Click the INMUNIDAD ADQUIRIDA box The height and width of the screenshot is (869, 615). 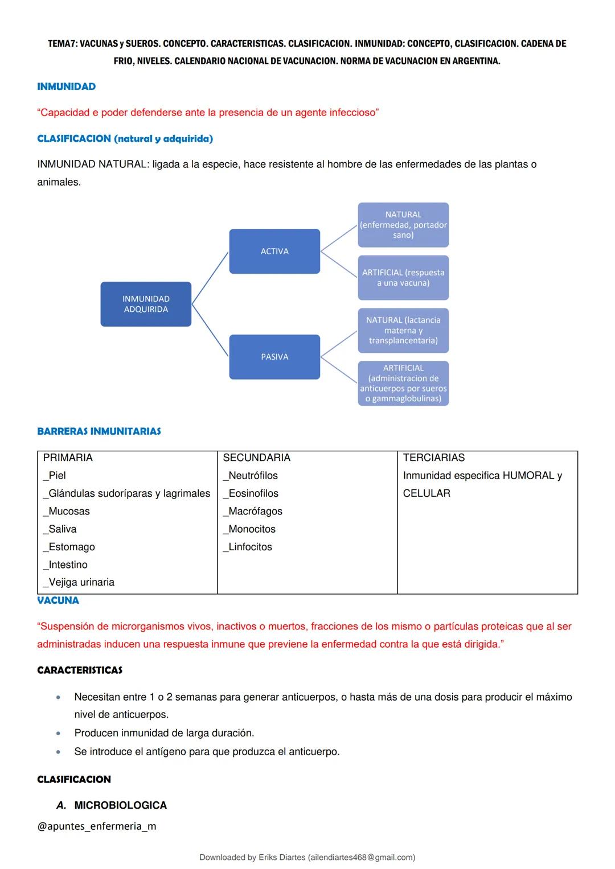point(146,304)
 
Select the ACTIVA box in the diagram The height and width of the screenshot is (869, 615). point(274,251)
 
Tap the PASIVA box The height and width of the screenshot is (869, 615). point(274,357)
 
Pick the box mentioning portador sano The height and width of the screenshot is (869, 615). point(403,225)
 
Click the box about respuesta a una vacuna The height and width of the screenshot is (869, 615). point(403,278)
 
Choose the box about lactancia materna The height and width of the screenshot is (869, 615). point(403,330)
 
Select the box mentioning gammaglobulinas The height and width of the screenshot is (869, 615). point(403,383)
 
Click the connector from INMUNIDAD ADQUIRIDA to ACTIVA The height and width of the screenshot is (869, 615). point(210,278)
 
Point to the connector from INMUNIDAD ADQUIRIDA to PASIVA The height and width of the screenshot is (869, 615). point(210,331)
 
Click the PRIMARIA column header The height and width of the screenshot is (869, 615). point(68,458)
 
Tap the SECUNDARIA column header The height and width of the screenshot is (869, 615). point(256,458)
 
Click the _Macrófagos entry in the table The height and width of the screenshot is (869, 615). point(253,511)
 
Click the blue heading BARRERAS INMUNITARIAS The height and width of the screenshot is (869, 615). point(99,431)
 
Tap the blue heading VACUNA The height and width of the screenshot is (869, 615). point(58,600)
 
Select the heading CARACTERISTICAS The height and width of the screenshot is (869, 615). point(80,670)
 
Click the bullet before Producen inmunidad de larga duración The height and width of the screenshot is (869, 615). point(58,734)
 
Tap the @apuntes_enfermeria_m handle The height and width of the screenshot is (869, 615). point(96,826)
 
